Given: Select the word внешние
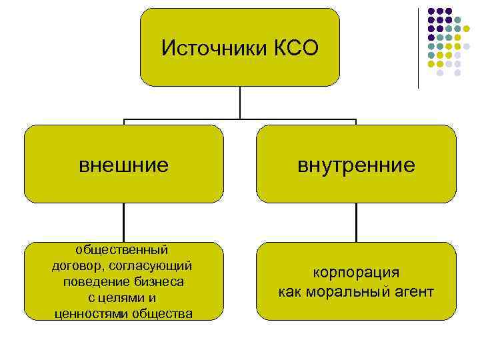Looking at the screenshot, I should click(123, 164).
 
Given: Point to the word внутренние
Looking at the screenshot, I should click(357, 164).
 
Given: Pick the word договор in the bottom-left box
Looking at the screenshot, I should click(74, 265).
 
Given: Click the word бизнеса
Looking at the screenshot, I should click(161, 281).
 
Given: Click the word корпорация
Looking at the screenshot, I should click(357, 273).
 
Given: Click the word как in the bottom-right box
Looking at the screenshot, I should click(290, 291).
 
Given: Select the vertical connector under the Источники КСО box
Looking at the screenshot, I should click(240, 103).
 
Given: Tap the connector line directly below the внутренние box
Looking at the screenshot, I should click(357, 222).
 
